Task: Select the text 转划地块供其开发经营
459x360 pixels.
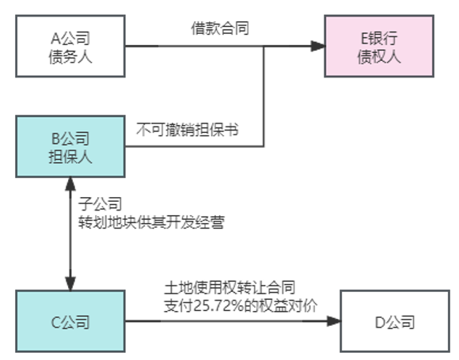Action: pyautogui.click(x=150, y=222)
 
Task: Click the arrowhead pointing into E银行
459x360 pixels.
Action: pyautogui.click(x=318, y=47)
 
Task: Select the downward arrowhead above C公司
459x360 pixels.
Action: pyautogui.click(x=72, y=283)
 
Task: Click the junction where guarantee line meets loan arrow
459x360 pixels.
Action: pyautogui.click(x=264, y=47)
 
